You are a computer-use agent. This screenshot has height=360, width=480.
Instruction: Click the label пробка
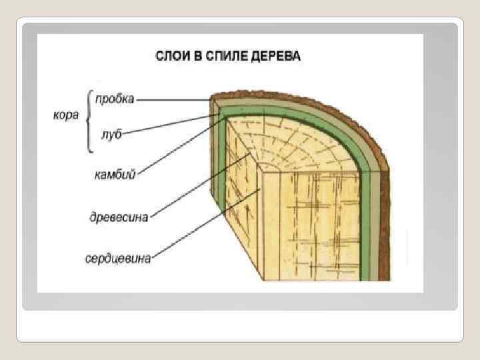tap(114, 99)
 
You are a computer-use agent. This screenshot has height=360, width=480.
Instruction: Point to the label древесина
tap(119, 217)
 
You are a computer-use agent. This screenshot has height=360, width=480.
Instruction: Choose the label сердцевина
tap(118, 257)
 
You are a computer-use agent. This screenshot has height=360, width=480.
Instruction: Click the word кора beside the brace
tap(67, 115)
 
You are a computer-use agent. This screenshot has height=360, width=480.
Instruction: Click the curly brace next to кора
tap(87, 117)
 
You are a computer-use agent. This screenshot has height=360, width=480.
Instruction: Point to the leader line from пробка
tap(173, 100)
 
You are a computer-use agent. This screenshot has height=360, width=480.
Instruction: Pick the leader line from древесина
tap(200, 185)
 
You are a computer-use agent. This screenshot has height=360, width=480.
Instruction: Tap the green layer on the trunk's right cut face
tap(365, 220)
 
